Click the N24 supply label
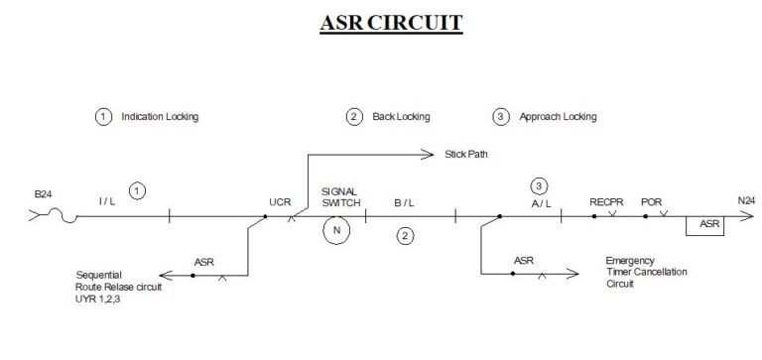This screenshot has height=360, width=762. (746, 201)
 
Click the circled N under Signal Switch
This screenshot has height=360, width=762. (337, 231)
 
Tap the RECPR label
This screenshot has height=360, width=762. (605, 200)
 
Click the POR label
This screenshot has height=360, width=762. (652, 200)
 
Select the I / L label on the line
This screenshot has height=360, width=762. (107, 201)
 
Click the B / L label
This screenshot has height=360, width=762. (404, 201)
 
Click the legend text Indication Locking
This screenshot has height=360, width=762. (160, 117)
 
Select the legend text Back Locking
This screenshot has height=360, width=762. (401, 117)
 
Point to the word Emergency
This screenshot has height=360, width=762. (631, 261)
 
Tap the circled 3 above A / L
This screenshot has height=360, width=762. (539, 185)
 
